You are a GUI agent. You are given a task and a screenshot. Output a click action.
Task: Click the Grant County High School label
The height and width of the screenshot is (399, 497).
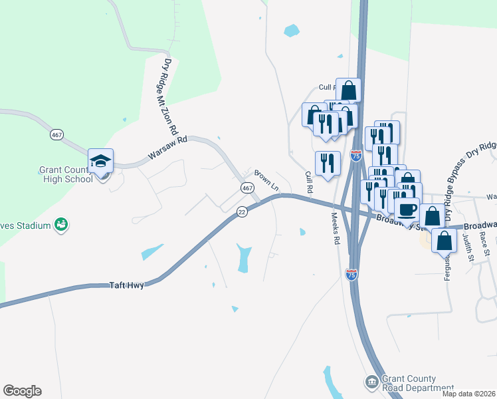pyautogui.click(x=65, y=174)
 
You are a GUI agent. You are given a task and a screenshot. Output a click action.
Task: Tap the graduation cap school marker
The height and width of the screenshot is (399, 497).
pyautogui.click(x=100, y=162)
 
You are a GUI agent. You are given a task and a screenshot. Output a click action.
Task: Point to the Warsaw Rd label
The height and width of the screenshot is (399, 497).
pyautogui.click(x=169, y=148)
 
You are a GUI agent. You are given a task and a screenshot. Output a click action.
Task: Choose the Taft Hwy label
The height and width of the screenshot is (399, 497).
pyautogui.click(x=126, y=285)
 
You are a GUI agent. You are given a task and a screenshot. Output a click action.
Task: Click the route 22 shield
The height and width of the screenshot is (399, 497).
pyautogui.click(x=242, y=211)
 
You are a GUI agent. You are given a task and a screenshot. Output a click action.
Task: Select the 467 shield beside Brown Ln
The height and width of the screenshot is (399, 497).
pyautogui.click(x=247, y=189)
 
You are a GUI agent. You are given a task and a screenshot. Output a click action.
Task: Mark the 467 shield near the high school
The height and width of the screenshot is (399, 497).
pyautogui.click(x=56, y=134)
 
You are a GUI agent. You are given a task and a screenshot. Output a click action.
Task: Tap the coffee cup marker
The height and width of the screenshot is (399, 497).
pyautogui.click(x=407, y=209)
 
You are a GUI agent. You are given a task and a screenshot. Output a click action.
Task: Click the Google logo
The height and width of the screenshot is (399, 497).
pyautogui.click(x=22, y=391)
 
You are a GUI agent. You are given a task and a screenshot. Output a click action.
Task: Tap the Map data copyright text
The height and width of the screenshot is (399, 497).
pyautogui.click(x=468, y=394)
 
